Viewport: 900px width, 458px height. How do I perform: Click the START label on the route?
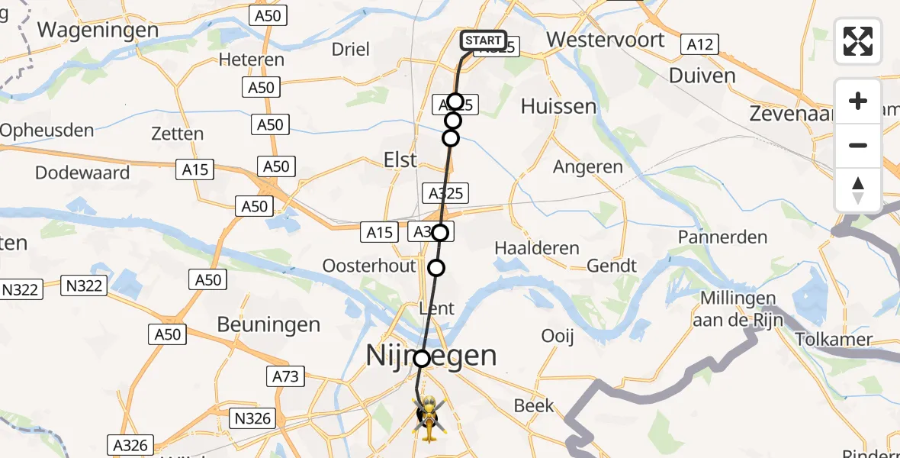(x=483, y=40)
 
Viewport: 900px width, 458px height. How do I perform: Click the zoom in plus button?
(x=858, y=101)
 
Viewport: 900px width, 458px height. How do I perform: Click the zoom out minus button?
(x=858, y=145)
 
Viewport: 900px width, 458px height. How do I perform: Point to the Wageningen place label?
(x=98, y=31)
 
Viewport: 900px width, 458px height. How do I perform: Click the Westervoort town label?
(x=606, y=39)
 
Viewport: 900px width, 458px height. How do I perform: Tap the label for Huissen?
(x=558, y=106)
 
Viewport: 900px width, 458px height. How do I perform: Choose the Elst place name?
(x=400, y=160)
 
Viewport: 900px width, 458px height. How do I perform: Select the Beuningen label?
(x=268, y=324)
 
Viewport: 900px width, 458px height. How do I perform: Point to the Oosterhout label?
(x=369, y=266)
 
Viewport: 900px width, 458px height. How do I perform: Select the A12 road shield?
(x=699, y=44)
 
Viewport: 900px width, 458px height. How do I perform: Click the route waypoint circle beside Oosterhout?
(x=436, y=267)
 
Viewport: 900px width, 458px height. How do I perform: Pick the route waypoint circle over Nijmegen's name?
(x=422, y=358)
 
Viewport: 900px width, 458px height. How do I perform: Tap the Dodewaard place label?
(x=82, y=173)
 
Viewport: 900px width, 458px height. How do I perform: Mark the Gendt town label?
(x=612, y=266)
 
